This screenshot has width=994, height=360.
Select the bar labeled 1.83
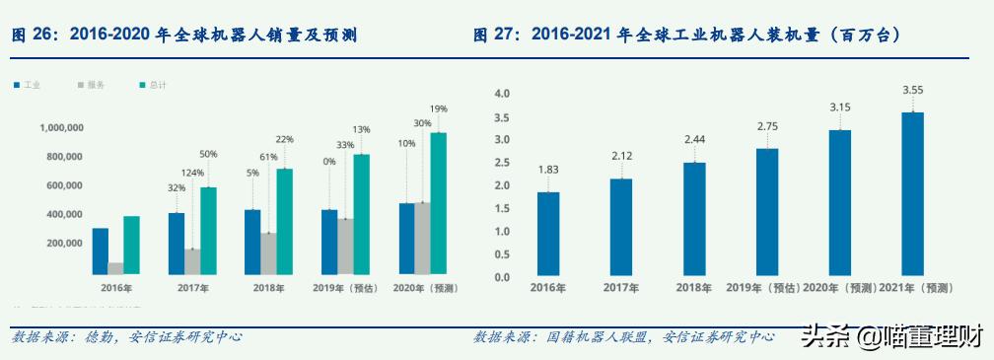click(548, 234)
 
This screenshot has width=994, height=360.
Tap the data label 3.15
click(840, 107)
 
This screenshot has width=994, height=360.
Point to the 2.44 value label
click(694, 139)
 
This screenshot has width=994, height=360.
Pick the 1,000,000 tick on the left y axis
click(60, 127)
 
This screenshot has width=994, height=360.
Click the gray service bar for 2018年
click(268, 253)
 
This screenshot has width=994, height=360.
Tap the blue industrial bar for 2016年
click(101, 251)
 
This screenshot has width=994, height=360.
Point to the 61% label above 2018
click(267, 157)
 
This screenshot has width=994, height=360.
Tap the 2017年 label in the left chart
click(192, 288)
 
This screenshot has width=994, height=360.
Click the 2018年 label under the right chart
click(694, 288)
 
